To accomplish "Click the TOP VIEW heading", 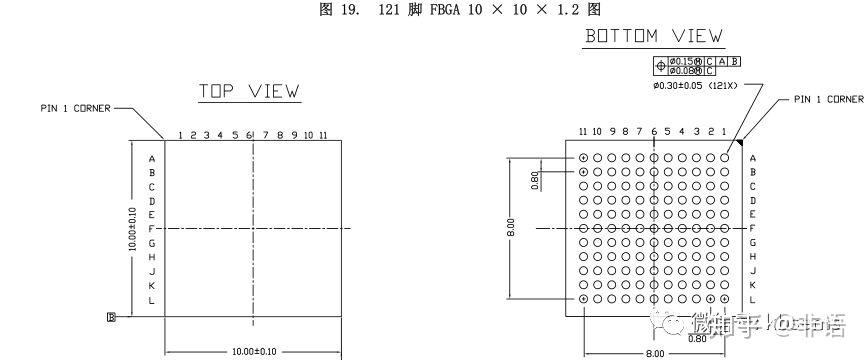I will coord(249,91).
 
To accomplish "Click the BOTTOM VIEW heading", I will coord(654,37).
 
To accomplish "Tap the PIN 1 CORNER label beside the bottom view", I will coord(828,99).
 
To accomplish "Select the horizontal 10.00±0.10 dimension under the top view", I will coord(253,351).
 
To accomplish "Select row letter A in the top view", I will coord(152,158).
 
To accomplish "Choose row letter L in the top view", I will coord(152,300).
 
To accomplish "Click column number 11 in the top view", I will coord(323,135).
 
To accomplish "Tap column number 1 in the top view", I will coord(180,135).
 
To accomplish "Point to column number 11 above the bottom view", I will coord(583,131).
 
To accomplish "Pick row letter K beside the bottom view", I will coord(753,286).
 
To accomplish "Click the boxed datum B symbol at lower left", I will coord(111,317).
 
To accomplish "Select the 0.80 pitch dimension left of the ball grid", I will coord(536,179).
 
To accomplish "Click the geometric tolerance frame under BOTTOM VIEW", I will coord(698,65).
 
